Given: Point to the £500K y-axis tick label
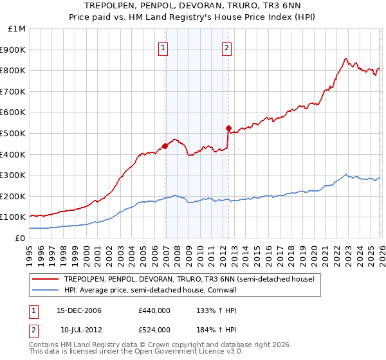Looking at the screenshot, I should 14,134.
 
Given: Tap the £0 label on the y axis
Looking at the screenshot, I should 20,239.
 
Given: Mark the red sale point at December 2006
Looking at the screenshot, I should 165,146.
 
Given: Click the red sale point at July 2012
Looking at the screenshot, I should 228,128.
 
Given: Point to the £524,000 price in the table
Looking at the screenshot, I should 154,330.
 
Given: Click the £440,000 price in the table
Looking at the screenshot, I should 154,310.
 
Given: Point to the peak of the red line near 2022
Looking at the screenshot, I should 346,59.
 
